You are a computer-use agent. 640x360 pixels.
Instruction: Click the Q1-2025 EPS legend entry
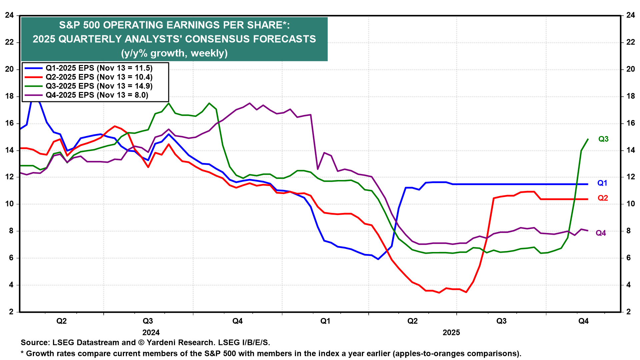point(99,68)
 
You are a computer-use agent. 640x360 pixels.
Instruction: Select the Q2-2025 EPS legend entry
point(99,77)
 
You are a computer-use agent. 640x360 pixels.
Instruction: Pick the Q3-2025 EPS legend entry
point(99,86)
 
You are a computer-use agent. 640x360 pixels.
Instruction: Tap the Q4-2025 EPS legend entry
point(97,95)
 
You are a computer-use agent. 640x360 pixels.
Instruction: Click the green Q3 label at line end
point(603,139)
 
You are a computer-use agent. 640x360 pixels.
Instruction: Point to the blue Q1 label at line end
point(602,183)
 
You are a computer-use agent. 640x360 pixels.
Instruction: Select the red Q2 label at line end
point(603,198)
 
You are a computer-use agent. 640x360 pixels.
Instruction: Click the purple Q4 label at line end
point(601,233)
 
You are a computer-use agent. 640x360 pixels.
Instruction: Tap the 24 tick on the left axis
point(9,15)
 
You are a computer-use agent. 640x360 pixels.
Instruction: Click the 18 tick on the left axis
point(9,96)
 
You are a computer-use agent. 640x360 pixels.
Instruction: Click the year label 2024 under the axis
point(151,332)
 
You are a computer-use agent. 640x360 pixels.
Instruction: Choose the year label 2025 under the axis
point(451,332)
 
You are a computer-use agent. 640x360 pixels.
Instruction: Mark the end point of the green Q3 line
point(588,139)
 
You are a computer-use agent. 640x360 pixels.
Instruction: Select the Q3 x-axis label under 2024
point(148,321)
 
